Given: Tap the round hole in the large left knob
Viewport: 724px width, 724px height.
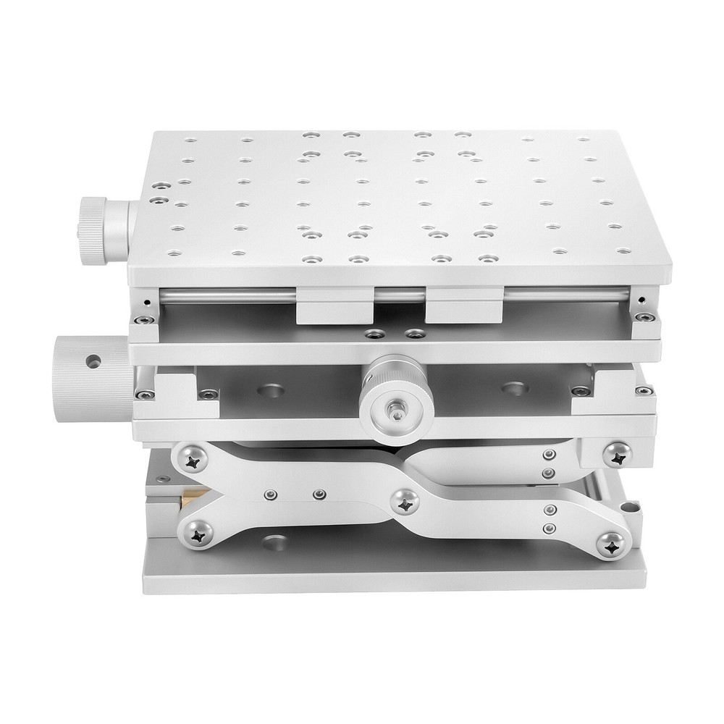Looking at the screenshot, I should pos(93,360).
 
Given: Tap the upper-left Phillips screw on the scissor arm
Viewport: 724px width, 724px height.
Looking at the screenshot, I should pos(193,458).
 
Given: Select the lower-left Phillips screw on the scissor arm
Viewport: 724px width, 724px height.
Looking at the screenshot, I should pos(197,534).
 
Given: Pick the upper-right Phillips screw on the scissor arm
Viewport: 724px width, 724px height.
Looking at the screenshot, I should pos(617,454).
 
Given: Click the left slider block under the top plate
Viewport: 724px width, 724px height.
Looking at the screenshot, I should pos(334,307).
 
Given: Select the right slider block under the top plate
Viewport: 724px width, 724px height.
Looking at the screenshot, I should pos(464,306).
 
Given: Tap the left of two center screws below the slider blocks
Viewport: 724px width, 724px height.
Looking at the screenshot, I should pos(375,334).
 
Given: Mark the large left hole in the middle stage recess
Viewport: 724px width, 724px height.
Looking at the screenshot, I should pos(270,390).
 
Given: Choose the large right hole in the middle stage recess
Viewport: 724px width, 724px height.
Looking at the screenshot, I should pos(514,389).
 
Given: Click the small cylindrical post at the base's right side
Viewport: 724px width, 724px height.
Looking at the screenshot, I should pos(635,510).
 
